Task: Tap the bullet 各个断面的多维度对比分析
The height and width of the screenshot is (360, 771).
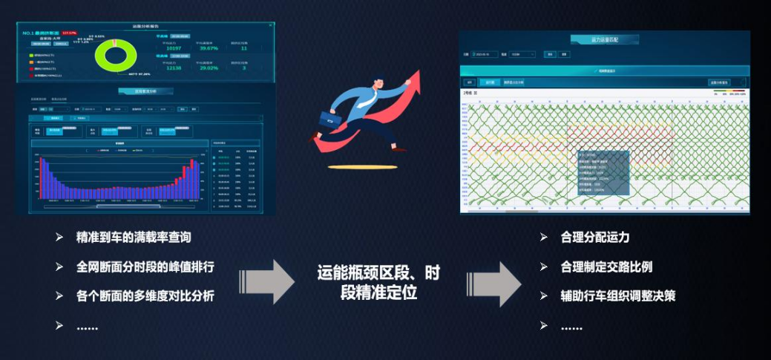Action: (145, 296)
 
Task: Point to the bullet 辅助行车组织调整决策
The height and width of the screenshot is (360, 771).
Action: (618, 295)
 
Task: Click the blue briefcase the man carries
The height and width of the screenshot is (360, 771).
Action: (329, 120)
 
